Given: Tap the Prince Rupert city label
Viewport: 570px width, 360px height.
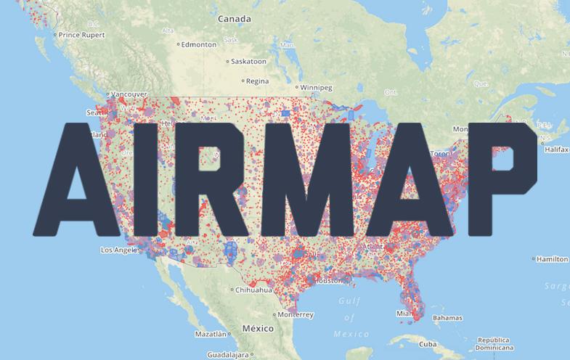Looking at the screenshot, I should [x=82, y=34].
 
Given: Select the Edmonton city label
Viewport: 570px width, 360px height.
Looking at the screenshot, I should [x=200, y=44].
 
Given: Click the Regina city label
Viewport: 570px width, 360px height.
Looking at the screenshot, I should [x=258, y=81].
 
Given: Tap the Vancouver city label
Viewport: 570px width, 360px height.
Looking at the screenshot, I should [x=130, y=94].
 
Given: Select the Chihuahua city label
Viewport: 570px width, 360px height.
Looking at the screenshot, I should [x=253, y=290].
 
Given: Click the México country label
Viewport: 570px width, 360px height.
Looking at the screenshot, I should [x=258, y=328].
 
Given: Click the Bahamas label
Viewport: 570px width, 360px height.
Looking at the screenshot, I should [x=447, y=318].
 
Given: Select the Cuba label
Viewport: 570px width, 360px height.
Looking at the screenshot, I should [x=428, y=343].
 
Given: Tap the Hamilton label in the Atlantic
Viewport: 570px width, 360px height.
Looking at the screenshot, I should [x=553, y=259].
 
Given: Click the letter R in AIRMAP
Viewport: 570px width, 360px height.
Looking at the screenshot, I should [x=232, y=180].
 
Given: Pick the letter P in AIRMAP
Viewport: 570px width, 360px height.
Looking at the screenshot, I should [x=502, y=180].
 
